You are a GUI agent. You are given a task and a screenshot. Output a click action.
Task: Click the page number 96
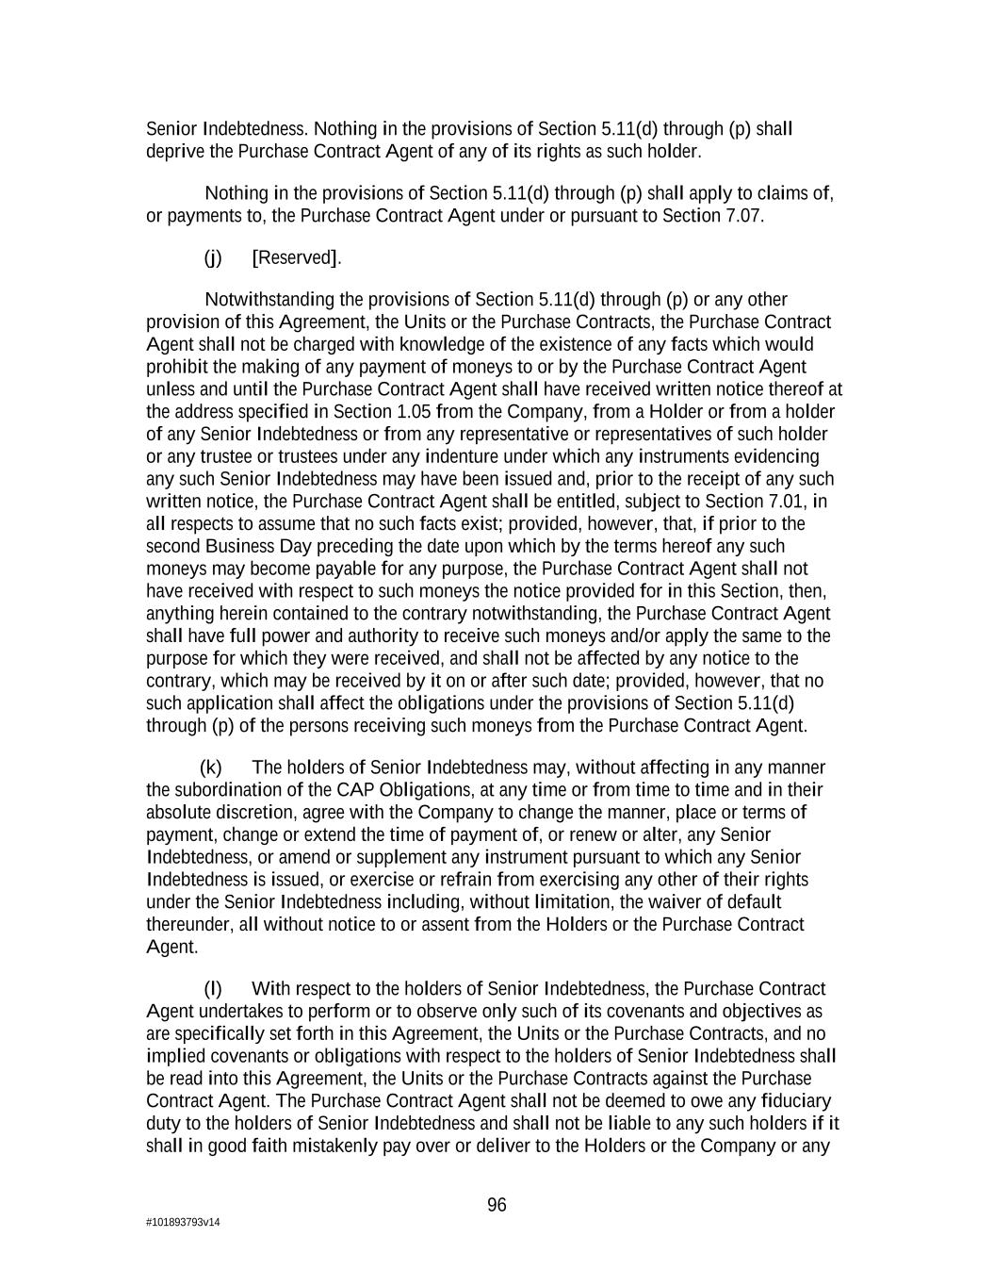[x=497, y=1205]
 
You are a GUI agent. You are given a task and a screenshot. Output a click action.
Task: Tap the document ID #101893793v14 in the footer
[x=183, y=1223]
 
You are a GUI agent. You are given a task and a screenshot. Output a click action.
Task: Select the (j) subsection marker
[x=213, y=257]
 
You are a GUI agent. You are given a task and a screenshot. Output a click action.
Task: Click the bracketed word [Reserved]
[x=297, y=257]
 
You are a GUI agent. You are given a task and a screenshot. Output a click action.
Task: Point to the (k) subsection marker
[x=211, y=767]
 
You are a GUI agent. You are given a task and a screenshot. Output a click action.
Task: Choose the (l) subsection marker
[x=213, y=988]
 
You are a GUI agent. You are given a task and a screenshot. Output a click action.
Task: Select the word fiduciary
[x=795, y=1100]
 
